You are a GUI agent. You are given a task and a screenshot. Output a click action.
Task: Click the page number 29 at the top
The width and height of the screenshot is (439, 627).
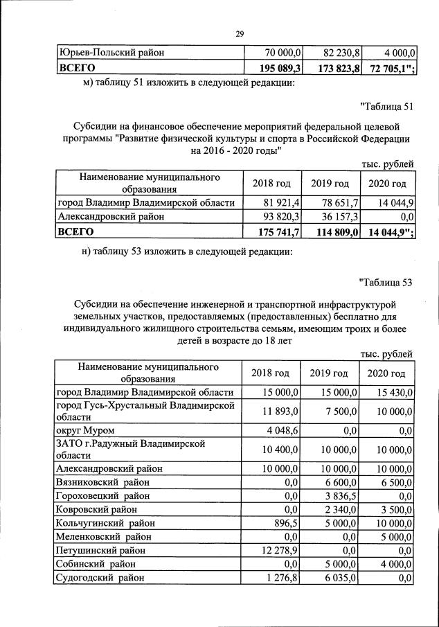coord(240,33)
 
